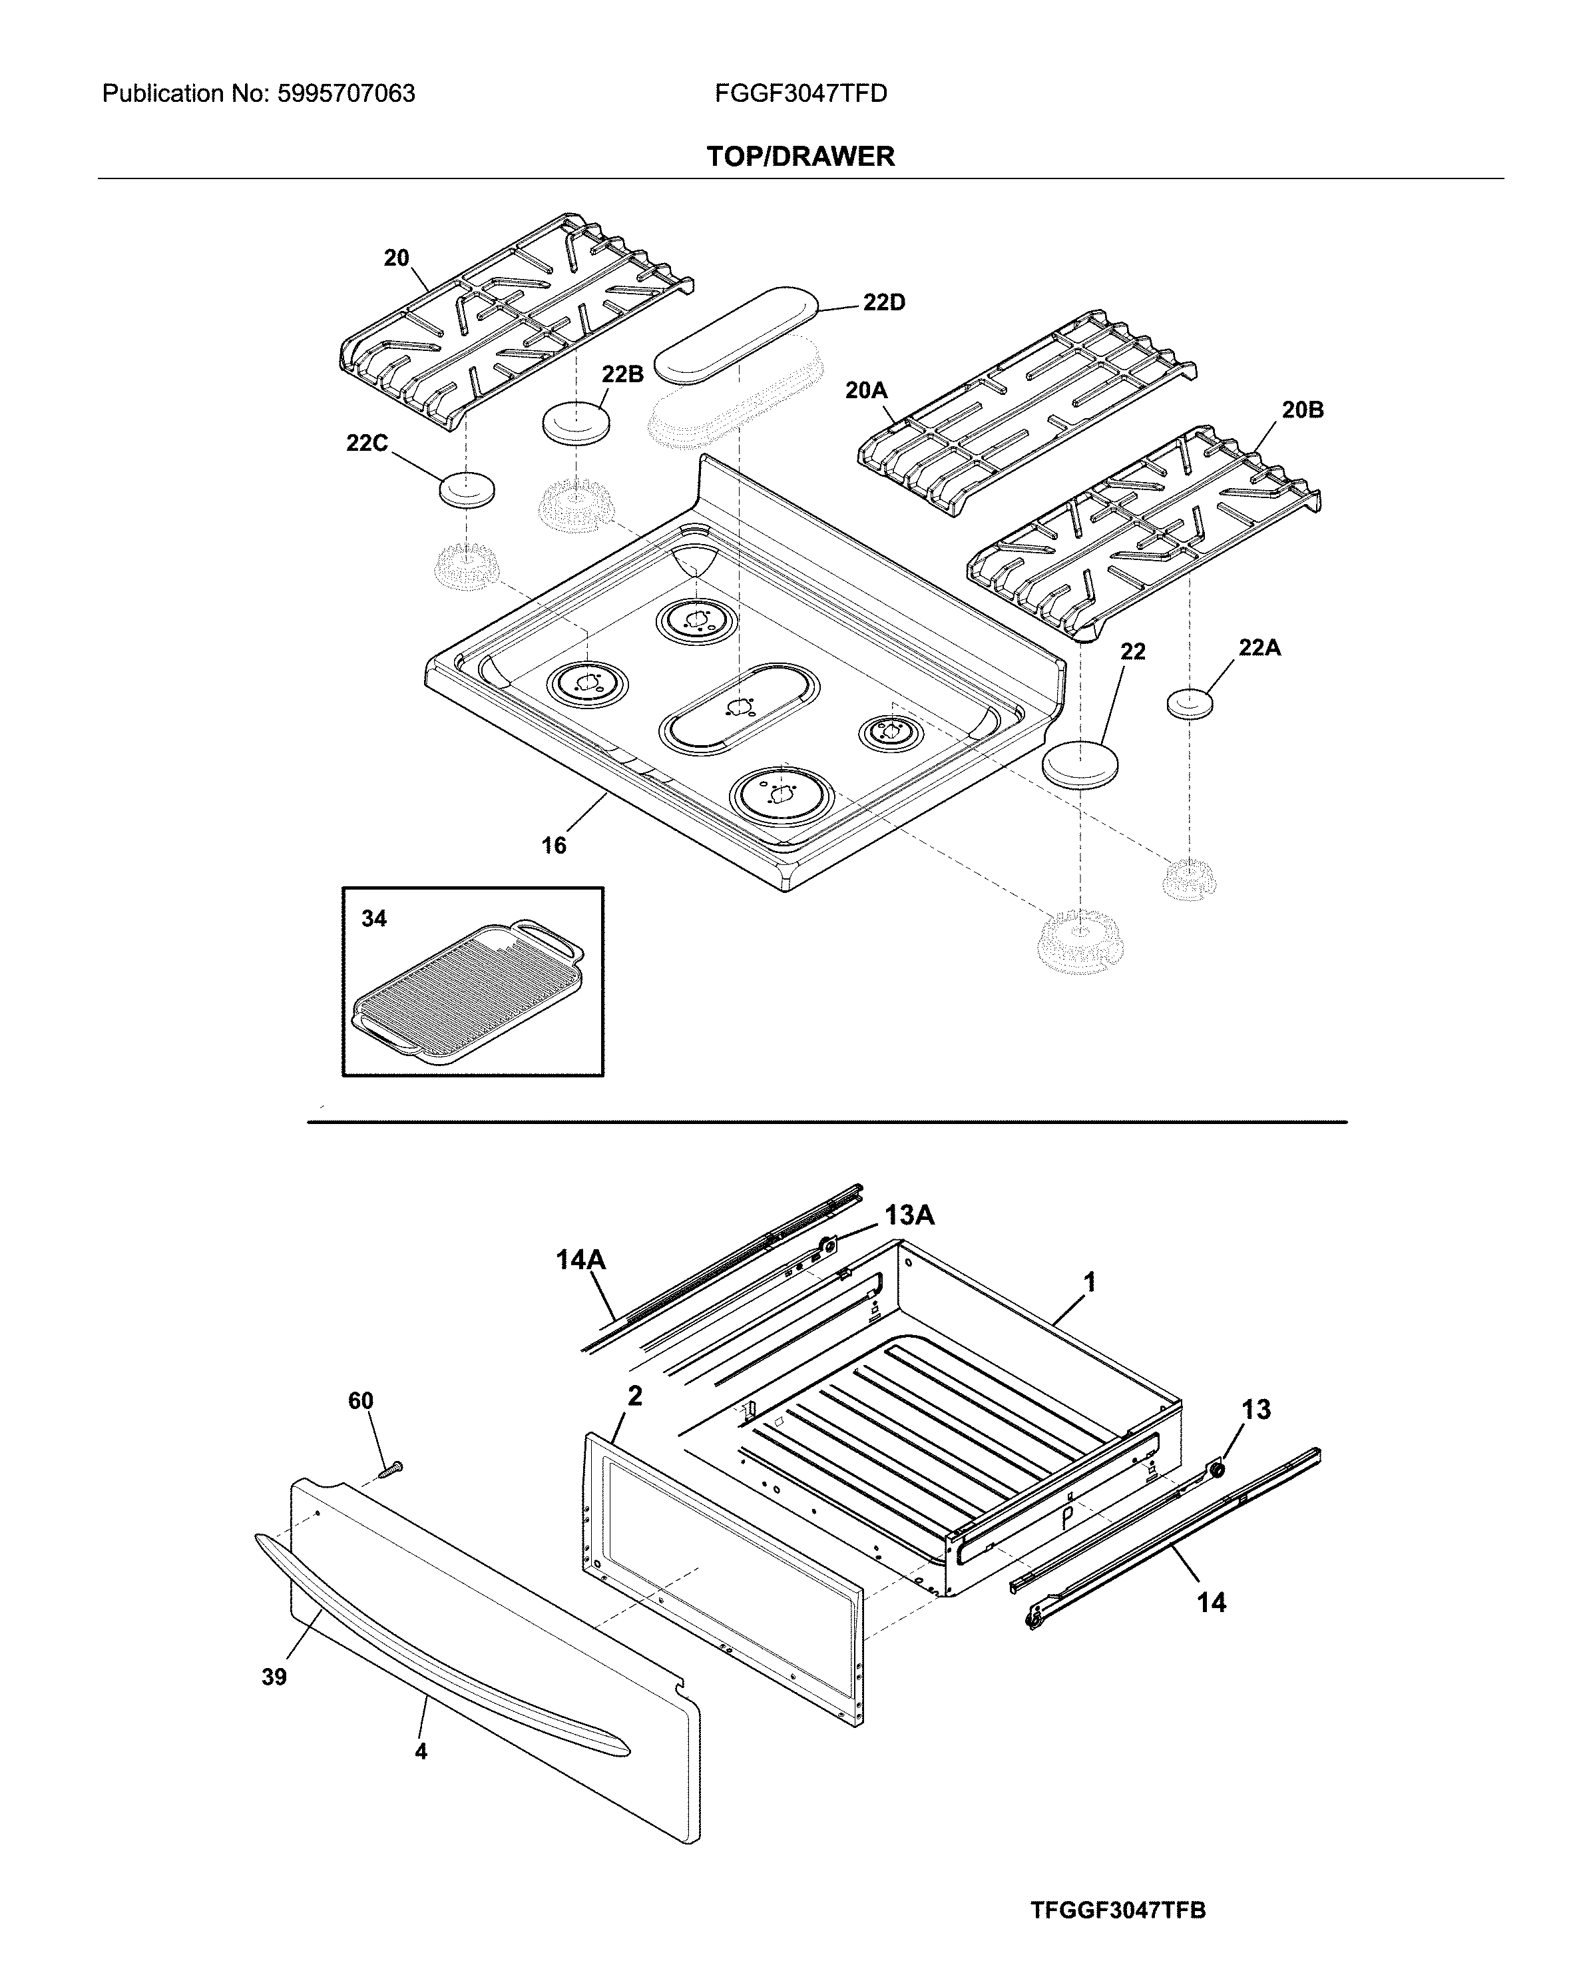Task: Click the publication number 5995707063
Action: click(345, 94)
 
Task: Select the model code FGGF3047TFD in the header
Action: click(800, 94)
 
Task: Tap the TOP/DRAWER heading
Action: click(800, 156)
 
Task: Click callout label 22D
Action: click(884, 303)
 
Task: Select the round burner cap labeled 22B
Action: click(577, 422)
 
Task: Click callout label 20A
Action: click(865, 390)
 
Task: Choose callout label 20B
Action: click(1302, 410)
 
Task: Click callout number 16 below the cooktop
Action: click(553, 845)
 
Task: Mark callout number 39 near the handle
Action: click(274, 1677)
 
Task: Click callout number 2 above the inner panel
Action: click(634, 1396)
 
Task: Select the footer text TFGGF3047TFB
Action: click(1118, 1910)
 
